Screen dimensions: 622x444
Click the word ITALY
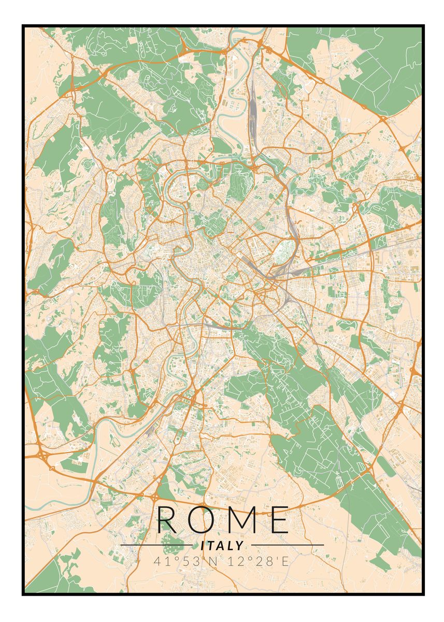tap(222, 545)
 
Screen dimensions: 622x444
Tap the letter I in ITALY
tap(203, 545)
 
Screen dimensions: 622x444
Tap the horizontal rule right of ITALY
tap(285, 545)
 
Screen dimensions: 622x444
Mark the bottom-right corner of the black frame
tap(423, 594)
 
